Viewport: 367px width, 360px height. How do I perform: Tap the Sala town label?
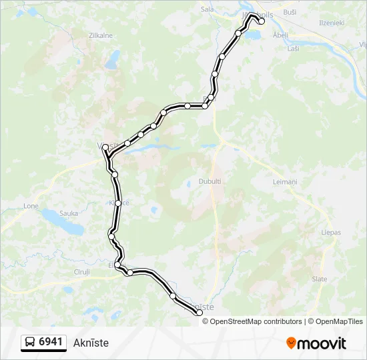(x=208, y=10)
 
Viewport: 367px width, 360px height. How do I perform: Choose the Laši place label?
(x=293, y=49)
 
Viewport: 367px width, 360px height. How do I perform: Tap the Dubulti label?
(x=210, y=181)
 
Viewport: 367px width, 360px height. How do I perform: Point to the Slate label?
(x=320, y=279)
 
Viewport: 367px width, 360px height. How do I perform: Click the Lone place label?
(x=31, y=206)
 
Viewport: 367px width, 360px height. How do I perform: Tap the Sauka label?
(x=69, y=213)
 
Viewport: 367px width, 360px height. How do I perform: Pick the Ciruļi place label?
(x=82, y=272)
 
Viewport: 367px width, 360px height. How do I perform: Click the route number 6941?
(x=51, y=342)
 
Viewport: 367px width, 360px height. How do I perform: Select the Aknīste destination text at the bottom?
(x=91, y=343)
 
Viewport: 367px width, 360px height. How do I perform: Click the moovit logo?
(x=316, y=343)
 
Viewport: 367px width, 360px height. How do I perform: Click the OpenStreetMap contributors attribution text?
(x=254, y=321)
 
